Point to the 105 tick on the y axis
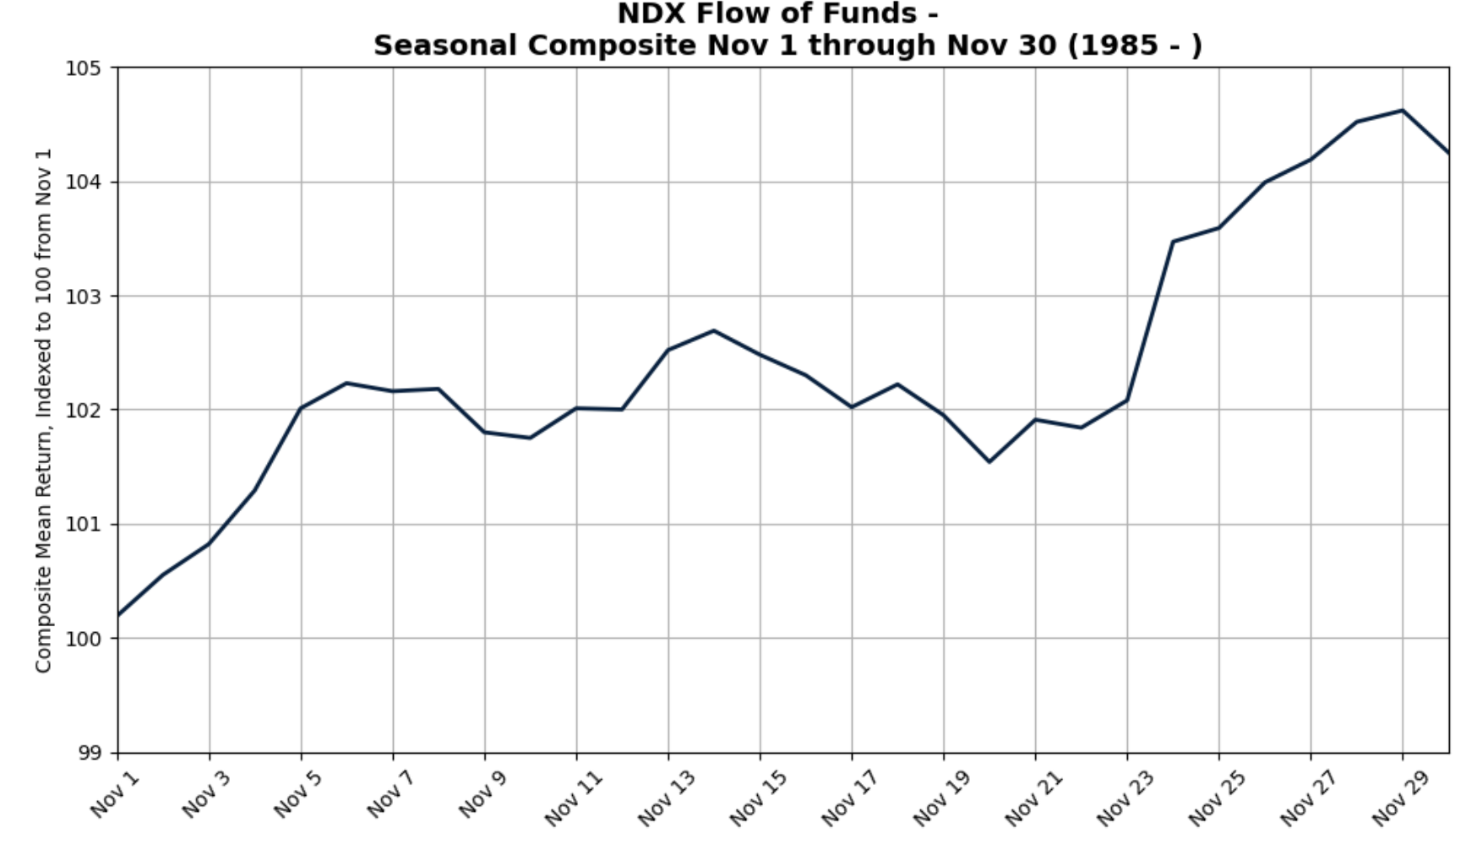coord(82,68)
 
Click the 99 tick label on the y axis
coord(88,753)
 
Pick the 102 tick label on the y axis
coord(82,411)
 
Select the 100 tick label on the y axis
coord(82,639)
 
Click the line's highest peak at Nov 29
coord(1403,111)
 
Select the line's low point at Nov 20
coord(989,461)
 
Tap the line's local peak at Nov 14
coord(714,330)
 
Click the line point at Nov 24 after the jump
coord(1173,242)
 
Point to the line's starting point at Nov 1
coord(118,615)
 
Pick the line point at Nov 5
coord(302,407)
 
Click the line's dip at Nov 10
coord(531,438)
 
